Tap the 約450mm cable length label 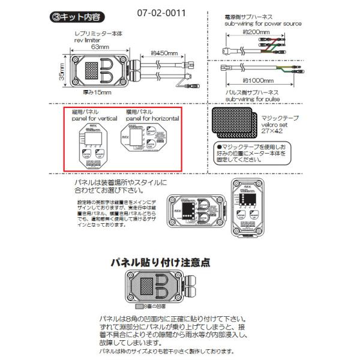coord(163,51)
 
